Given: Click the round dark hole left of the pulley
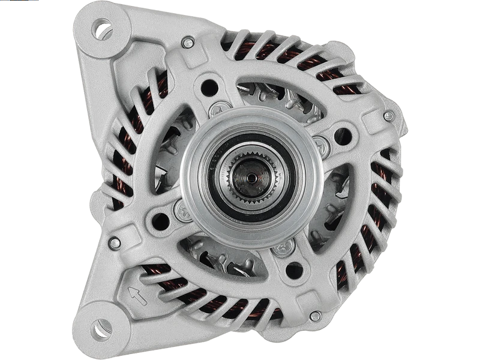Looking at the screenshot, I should point(160,220).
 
